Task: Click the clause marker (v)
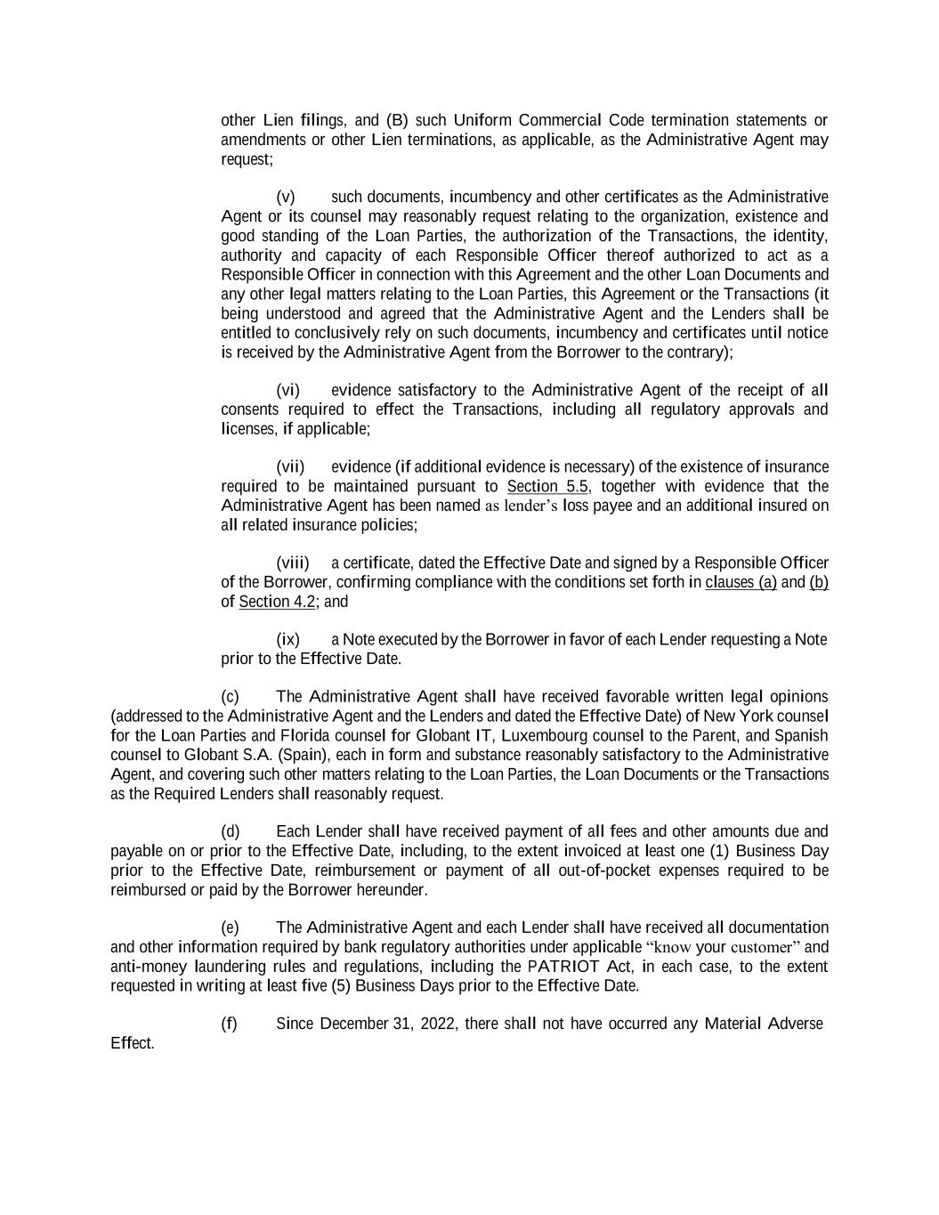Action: (286, 197)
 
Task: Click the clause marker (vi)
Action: (288, 390)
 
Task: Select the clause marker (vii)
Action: (290, 466)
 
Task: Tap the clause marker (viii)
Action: (293, 563)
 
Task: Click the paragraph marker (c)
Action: (230, 696)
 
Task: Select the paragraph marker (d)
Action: (231, 831)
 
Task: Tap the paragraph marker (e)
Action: (230, 927)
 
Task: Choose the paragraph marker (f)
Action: (229, 1023)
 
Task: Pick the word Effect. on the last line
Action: (133, 1043)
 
